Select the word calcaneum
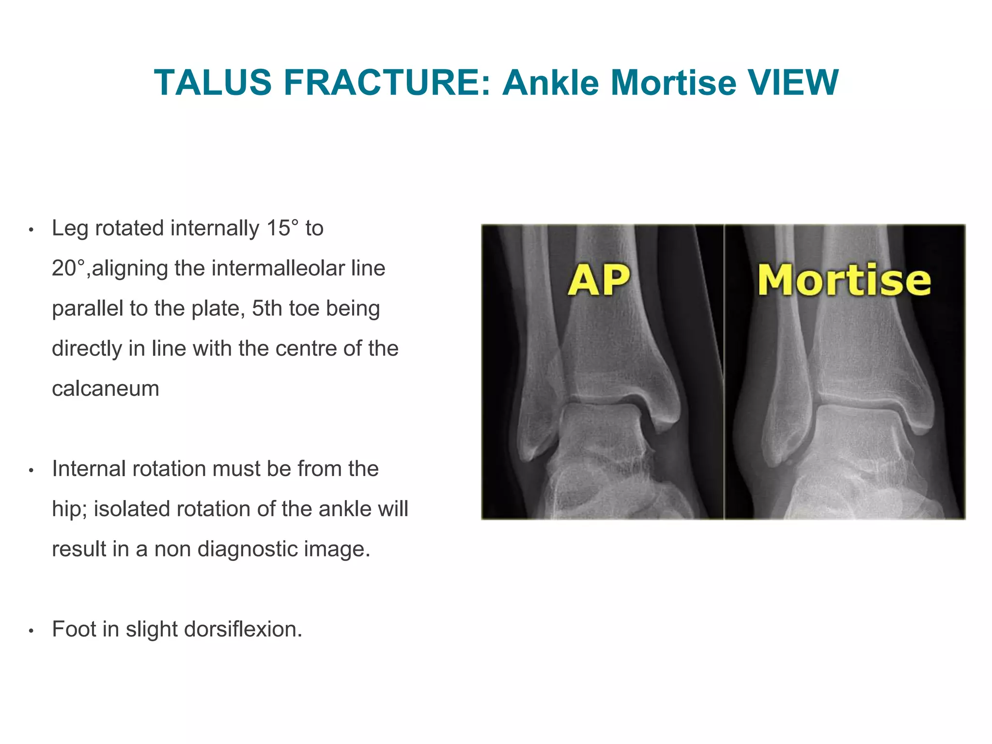106,388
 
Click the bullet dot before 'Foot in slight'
31,631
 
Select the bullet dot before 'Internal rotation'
31,470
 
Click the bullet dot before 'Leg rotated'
31,230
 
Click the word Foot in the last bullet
74,629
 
